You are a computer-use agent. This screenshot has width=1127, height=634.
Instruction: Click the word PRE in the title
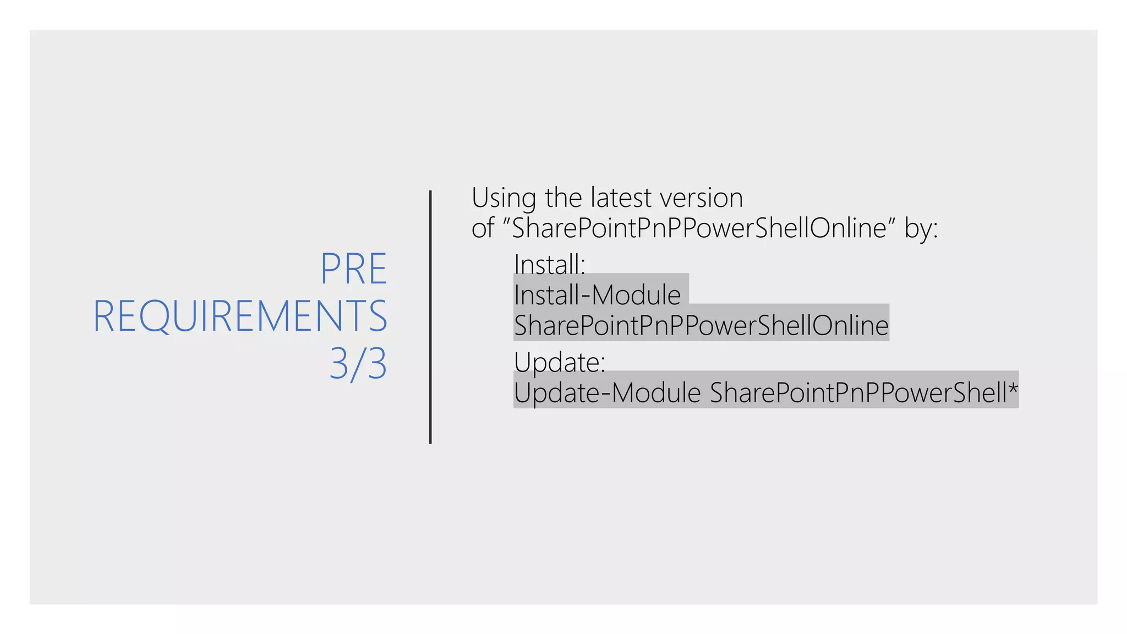[354, 269]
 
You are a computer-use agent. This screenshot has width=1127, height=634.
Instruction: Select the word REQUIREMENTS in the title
[240, 316]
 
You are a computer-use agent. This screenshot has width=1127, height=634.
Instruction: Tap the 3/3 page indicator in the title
[358, 364]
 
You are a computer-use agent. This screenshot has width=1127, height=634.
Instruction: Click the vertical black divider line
[430, 316]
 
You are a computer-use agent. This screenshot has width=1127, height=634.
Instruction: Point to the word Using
[504, 198]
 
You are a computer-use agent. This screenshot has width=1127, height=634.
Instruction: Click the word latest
[621, 198]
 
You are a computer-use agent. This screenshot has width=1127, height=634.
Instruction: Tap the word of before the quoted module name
[483, 228]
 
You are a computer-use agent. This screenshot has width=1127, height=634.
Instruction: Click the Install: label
[549, 264]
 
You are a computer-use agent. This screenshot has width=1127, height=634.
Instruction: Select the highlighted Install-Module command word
[597, 295]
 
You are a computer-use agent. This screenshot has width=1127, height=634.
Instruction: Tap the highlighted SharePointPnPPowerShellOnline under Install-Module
[701, 325]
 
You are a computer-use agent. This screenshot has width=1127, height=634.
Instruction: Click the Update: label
[559, 362]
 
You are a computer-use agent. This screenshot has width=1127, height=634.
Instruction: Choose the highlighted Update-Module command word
[607, 393]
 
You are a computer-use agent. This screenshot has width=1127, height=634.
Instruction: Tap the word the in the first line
[563, 198]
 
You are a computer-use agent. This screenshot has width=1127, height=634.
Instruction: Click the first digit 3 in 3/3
[339, 364]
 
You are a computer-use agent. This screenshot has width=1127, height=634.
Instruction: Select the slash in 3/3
[358, 364]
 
